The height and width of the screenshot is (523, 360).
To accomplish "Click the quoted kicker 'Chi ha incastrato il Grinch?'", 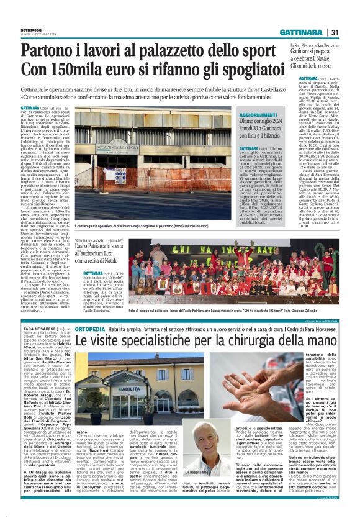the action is [102, 240].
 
